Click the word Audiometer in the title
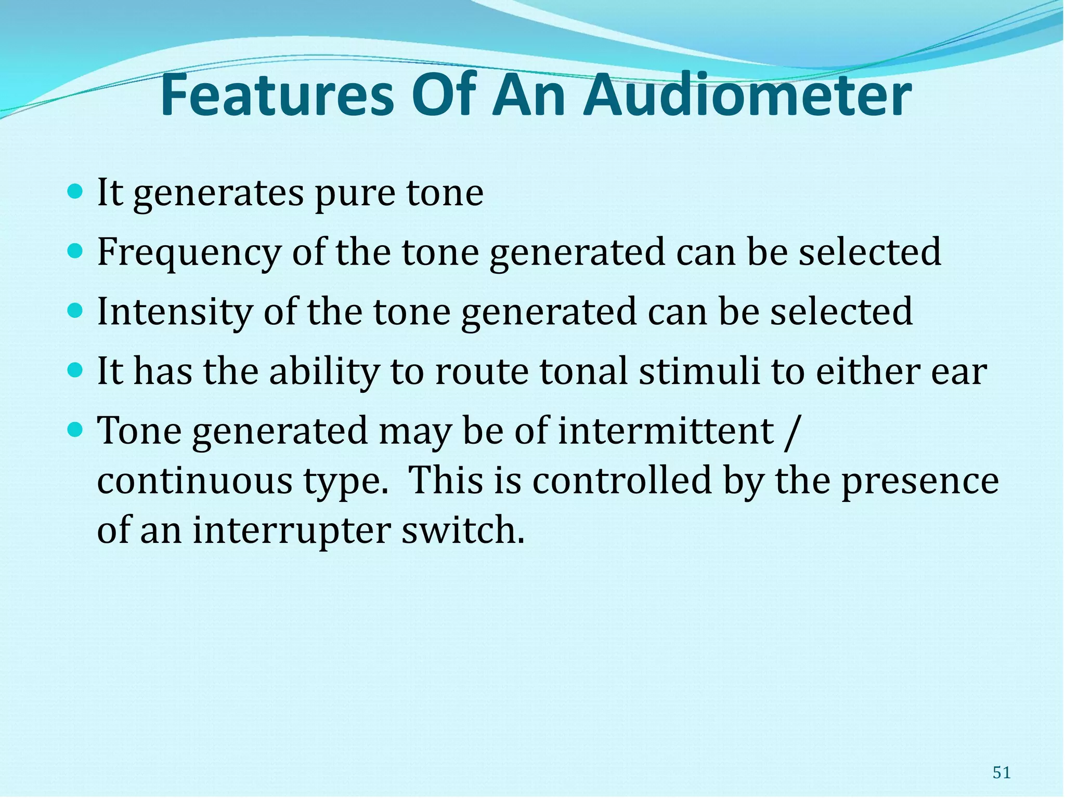(747, 96)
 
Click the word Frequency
(188, 253)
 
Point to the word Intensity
(174, 312)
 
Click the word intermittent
(666, 431)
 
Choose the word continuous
(194, 481)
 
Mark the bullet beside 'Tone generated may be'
(75, 430)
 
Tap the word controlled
(622, 480)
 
